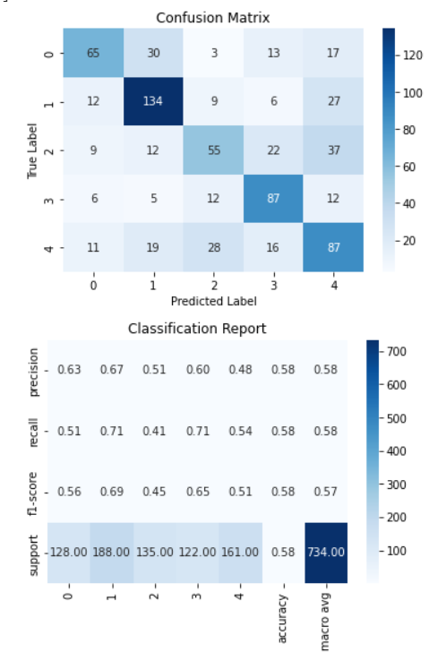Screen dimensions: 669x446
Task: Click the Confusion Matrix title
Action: tap(212, 18)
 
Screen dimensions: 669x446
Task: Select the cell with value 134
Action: tap(152, 101)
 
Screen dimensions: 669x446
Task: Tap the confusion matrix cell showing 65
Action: tap(93, 53)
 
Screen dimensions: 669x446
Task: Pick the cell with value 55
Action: tap(212, 150)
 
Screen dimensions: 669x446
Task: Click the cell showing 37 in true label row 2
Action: tap(332, 150)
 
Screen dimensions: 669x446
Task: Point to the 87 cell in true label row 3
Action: tap(272, 199)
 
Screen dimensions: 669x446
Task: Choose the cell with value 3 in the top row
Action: tap(212, 53)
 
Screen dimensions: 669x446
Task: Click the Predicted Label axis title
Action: tap(212, 301)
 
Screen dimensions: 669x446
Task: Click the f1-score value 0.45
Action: tap(167, 492)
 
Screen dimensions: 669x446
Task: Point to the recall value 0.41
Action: tap(167, 431)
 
